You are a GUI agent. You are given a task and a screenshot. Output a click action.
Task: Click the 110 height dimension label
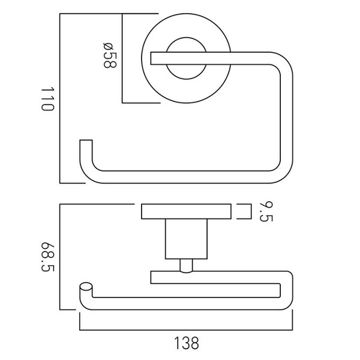48,99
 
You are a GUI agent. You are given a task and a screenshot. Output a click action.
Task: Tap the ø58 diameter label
110,55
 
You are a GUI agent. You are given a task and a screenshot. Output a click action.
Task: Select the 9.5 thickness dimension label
266,212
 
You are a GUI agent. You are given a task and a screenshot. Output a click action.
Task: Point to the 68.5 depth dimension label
48,257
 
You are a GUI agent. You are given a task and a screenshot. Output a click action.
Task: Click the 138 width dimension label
187,343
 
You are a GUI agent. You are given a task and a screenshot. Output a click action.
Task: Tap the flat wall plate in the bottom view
186,211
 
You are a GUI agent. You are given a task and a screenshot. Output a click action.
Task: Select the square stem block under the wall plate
186,239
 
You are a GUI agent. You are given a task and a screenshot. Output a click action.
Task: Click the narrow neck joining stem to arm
186,266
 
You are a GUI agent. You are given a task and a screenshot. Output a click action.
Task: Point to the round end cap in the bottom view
86,287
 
